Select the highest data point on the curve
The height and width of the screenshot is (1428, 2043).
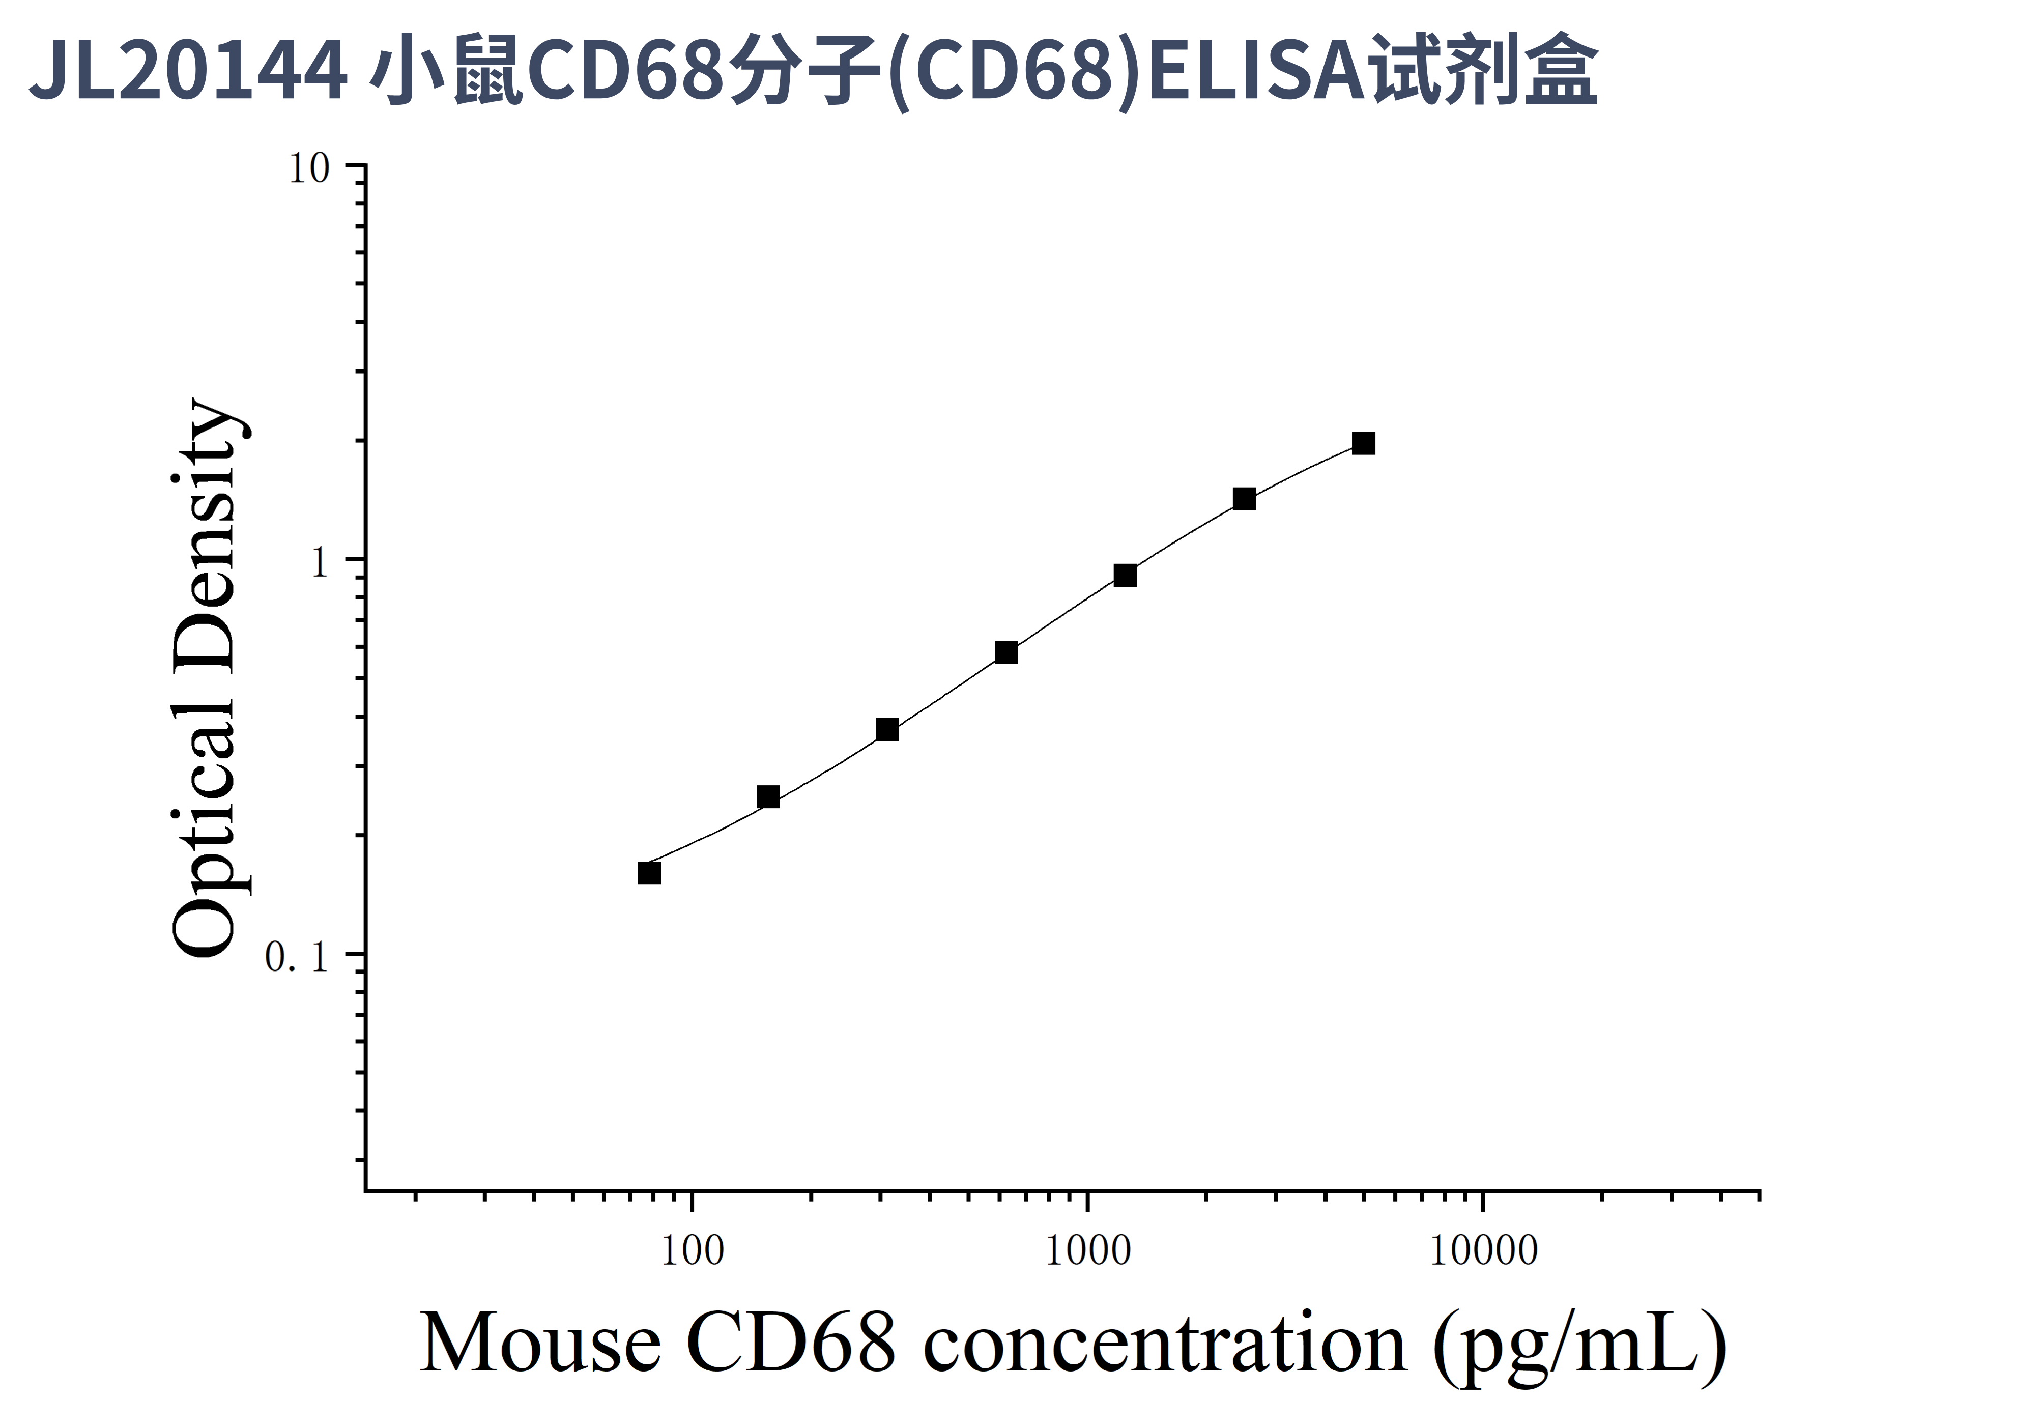tap(1363, 443)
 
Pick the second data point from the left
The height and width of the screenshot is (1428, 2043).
tap(768, 796)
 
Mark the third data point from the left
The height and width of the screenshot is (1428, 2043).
tap(887, 730)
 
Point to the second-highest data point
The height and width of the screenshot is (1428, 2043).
tap(1244, 498)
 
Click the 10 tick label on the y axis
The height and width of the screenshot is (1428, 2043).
tap(309, 168)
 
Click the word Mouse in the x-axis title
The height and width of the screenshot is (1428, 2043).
tap(539, 1344)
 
